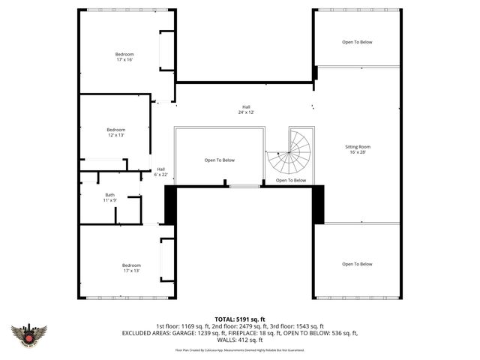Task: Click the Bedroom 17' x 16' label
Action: point(124,57)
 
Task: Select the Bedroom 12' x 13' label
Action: point(116,133)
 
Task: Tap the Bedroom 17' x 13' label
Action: point(132,268)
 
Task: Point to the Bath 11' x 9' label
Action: point(109,197)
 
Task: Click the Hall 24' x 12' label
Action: point(246,109)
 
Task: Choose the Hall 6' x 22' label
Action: point(160,172)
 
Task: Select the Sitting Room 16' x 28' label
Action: point(357,149)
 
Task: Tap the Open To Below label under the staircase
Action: point(290,180)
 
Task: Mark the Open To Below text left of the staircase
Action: point(220,160)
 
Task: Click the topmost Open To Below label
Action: point(357,42)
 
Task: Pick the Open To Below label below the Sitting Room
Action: point(357,264)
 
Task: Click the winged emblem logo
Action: point(29,333)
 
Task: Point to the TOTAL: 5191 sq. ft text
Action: point(239,319)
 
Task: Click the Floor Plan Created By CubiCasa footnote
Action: point(239,349)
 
